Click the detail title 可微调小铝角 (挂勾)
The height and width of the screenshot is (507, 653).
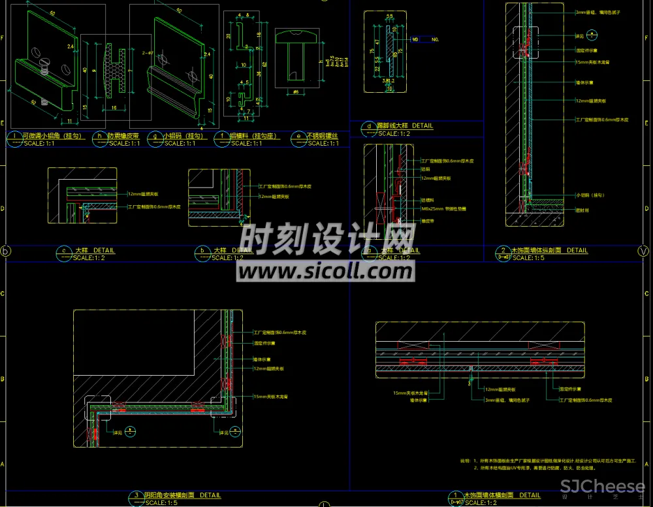click(52, 136)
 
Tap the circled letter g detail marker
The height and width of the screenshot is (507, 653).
click(155, 138)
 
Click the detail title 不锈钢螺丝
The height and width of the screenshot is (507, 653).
click(323, 136)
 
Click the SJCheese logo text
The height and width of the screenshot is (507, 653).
click(603, 486)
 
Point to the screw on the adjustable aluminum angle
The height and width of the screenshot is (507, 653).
click(45, 63)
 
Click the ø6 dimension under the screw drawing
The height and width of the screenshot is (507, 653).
click(296, 92)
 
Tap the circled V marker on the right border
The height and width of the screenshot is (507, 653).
click(644, 251)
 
